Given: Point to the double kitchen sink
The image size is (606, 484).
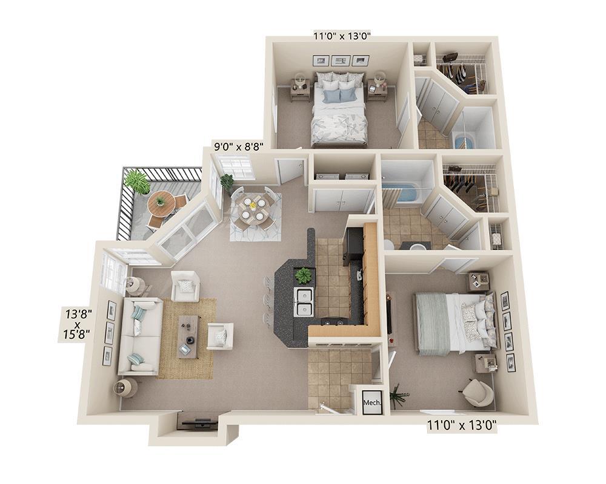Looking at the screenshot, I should [304, 301].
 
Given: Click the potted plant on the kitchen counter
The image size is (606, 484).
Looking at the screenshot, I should [303, 275].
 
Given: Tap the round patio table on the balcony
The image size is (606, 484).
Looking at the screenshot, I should [161, 202].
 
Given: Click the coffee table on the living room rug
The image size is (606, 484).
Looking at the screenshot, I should [188, 336].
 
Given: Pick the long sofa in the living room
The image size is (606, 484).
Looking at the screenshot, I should [139, 336].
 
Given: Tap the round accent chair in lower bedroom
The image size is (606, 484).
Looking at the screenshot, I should [478, 393].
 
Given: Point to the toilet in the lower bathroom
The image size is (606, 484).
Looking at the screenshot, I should [388, 244].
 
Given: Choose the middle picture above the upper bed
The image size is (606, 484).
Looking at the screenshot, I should [341, 60].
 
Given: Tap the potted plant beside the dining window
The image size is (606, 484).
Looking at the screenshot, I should [227, 180].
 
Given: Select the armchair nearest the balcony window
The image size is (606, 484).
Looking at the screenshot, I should [185, 286].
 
